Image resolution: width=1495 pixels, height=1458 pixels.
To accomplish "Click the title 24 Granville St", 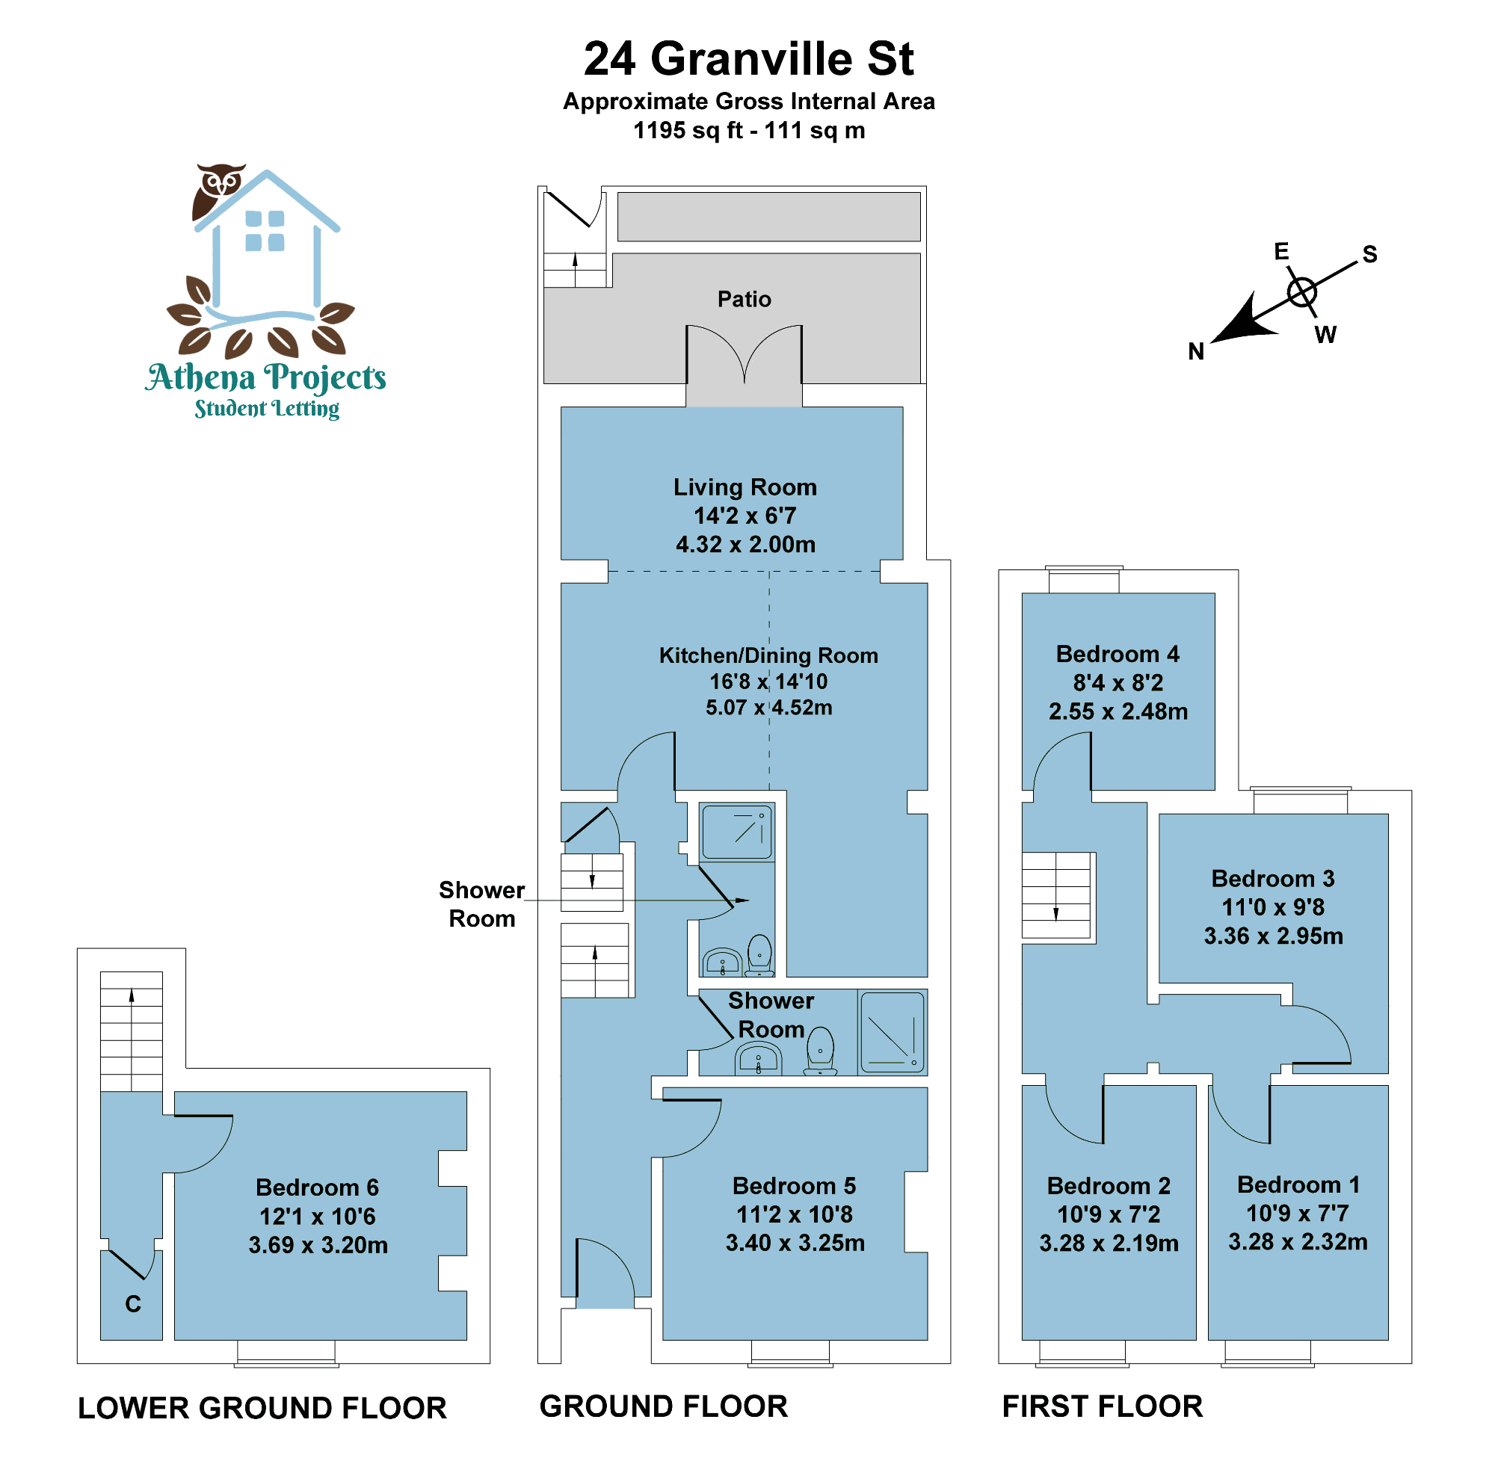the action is [x=748, y=59].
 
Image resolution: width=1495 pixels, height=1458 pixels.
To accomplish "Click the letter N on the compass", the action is [x=1195, y=351].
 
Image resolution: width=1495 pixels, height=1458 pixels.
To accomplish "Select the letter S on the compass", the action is [x=1369, y=254].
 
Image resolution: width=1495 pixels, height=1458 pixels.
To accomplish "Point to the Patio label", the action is [x=744, y=299].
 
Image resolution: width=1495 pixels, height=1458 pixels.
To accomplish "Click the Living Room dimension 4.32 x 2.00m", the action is [x=745, y=545].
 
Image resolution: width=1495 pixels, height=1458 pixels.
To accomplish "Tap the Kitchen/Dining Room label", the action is [x=768, y=655].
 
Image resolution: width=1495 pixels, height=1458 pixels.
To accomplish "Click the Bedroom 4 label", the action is [x=1118, y=654].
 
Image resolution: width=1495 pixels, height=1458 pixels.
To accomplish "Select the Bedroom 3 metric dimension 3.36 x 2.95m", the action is [x=1273, y=936].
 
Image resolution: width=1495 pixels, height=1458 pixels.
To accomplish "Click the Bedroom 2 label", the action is [x=1109, y=1185].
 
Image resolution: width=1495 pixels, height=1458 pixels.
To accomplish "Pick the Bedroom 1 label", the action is [x=1298, y=1184].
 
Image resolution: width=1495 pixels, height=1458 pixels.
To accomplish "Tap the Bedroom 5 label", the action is [x=794, y=1185].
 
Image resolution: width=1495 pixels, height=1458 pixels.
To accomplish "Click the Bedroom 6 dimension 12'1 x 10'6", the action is [x=317, y=1216].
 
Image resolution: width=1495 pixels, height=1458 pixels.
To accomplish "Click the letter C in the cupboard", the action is [x=132, y=1304].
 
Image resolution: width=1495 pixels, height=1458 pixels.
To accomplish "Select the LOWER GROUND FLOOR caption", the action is [x=262, y=1408].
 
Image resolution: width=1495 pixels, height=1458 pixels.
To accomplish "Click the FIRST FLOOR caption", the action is [x=1102, y=1406].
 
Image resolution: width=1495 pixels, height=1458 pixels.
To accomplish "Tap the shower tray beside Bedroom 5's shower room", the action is [x=893, y=1032].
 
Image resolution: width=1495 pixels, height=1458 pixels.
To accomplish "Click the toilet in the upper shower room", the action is [x=759, y=954].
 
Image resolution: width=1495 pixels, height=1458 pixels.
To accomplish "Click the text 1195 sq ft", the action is [x=688, y=131].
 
